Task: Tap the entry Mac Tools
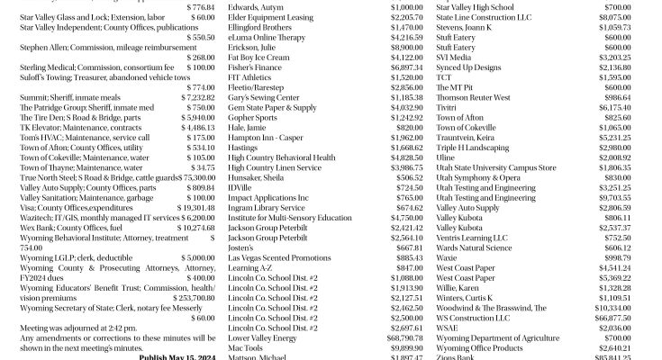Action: pos(247,347)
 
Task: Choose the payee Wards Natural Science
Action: pos(474,247)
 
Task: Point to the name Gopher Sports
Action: pos(253,118)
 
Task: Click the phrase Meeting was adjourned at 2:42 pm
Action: pos(76,328)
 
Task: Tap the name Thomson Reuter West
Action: pos(472,97)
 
